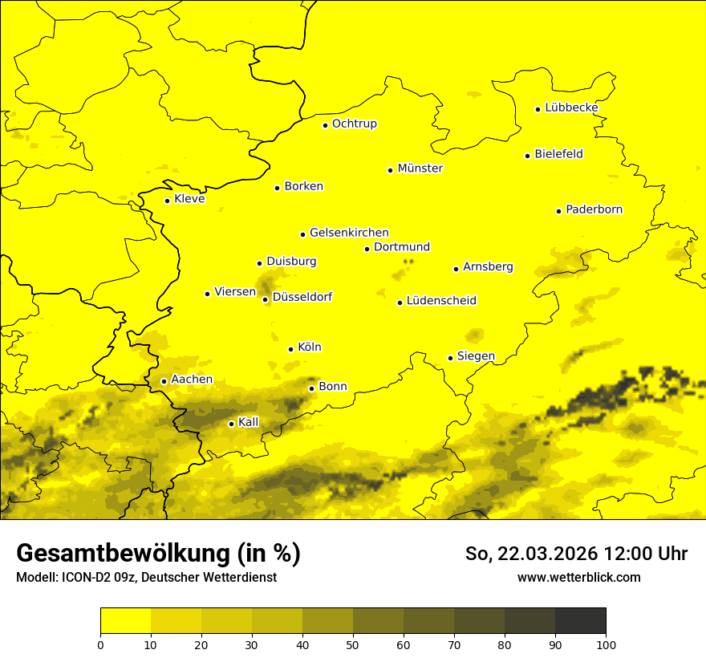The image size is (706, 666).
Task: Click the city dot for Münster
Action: point(391,170)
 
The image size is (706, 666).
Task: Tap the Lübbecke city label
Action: point(571,108)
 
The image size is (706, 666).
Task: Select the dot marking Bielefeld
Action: point(528,156)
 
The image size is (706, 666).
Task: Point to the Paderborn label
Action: point(594,209)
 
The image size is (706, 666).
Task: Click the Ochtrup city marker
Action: point(326,125)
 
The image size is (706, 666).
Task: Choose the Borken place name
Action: point(303,186)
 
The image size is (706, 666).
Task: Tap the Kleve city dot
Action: point(168,201)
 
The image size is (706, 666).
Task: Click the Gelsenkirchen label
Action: point(349,233)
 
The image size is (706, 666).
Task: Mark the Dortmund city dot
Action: point(367,249)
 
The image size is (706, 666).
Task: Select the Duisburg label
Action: point(291,262)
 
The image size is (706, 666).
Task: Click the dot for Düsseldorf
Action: point(266,300)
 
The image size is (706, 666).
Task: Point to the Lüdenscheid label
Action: point(441,301)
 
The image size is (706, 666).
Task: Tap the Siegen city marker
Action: point(451,358)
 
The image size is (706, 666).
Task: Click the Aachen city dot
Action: point(164,381)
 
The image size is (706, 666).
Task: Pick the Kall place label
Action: point(249,422)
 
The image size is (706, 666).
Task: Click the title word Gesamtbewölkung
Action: point(120,554)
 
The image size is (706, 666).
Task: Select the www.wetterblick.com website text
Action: point(579,578)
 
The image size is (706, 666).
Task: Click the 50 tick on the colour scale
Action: point(353,644)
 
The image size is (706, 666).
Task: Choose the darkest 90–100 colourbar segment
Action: point(580,621)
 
